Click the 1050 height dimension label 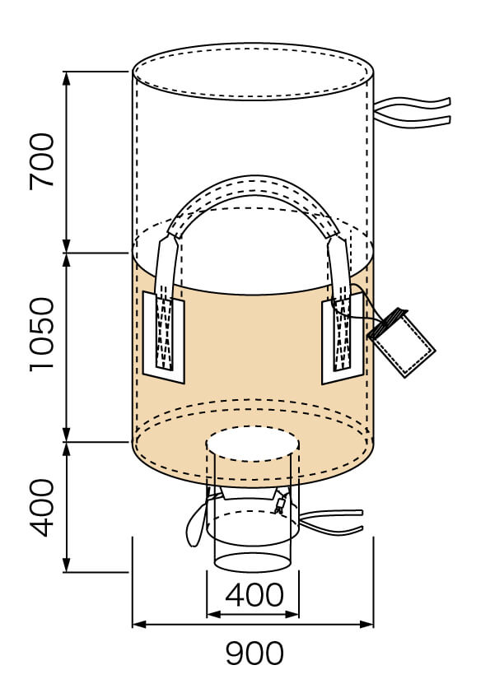(42, 335)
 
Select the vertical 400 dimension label (42, 508)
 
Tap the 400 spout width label (254, 595)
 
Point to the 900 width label (254, 653)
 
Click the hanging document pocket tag (401, 342)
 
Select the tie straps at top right (412, 113)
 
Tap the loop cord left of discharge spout (195, 523)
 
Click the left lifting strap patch (164, 337)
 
